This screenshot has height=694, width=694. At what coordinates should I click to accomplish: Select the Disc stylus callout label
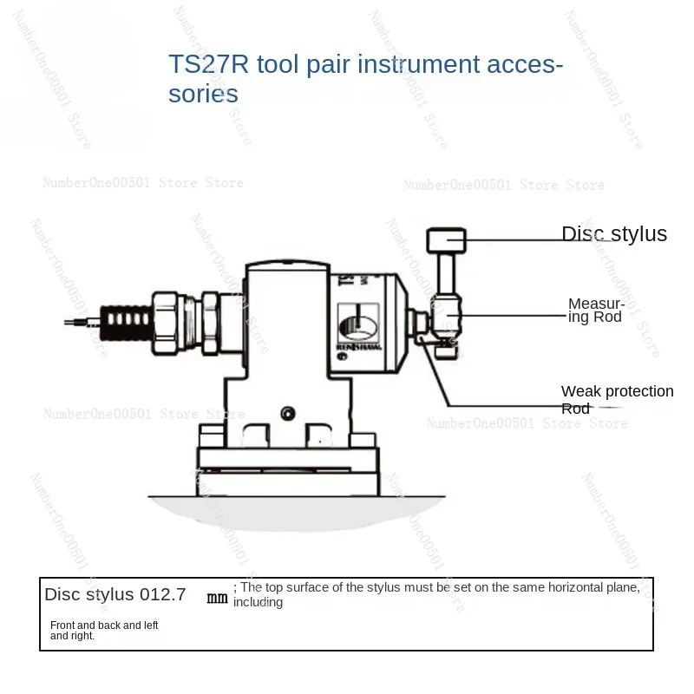(x=614, y=233)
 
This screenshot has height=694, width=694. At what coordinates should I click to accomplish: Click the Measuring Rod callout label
(x=596, y=310)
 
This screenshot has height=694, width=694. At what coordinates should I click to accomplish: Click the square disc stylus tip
(x=446, y=239)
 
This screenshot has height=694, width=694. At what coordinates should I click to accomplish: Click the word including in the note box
(x=258, y=602)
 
